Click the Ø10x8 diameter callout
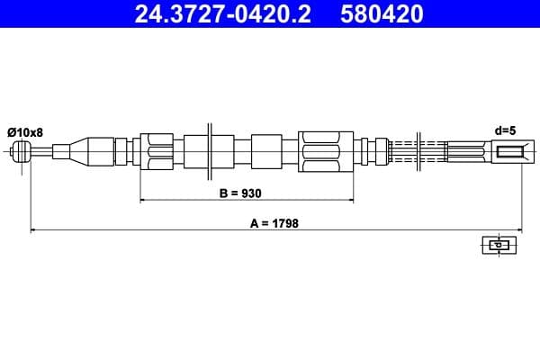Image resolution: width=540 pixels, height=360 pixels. pyautogui.click(x=25, y=131)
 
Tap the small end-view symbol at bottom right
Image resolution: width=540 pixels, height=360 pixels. pyautogui.click(x=496, y=245)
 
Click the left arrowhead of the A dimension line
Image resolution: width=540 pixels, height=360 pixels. pyautogui.click(x=33, y=231)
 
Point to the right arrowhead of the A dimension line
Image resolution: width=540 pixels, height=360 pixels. pyautogui.click(x=519, y=231)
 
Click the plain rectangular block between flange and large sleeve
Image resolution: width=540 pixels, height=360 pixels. pyautogui.click(x=267, y=150)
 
